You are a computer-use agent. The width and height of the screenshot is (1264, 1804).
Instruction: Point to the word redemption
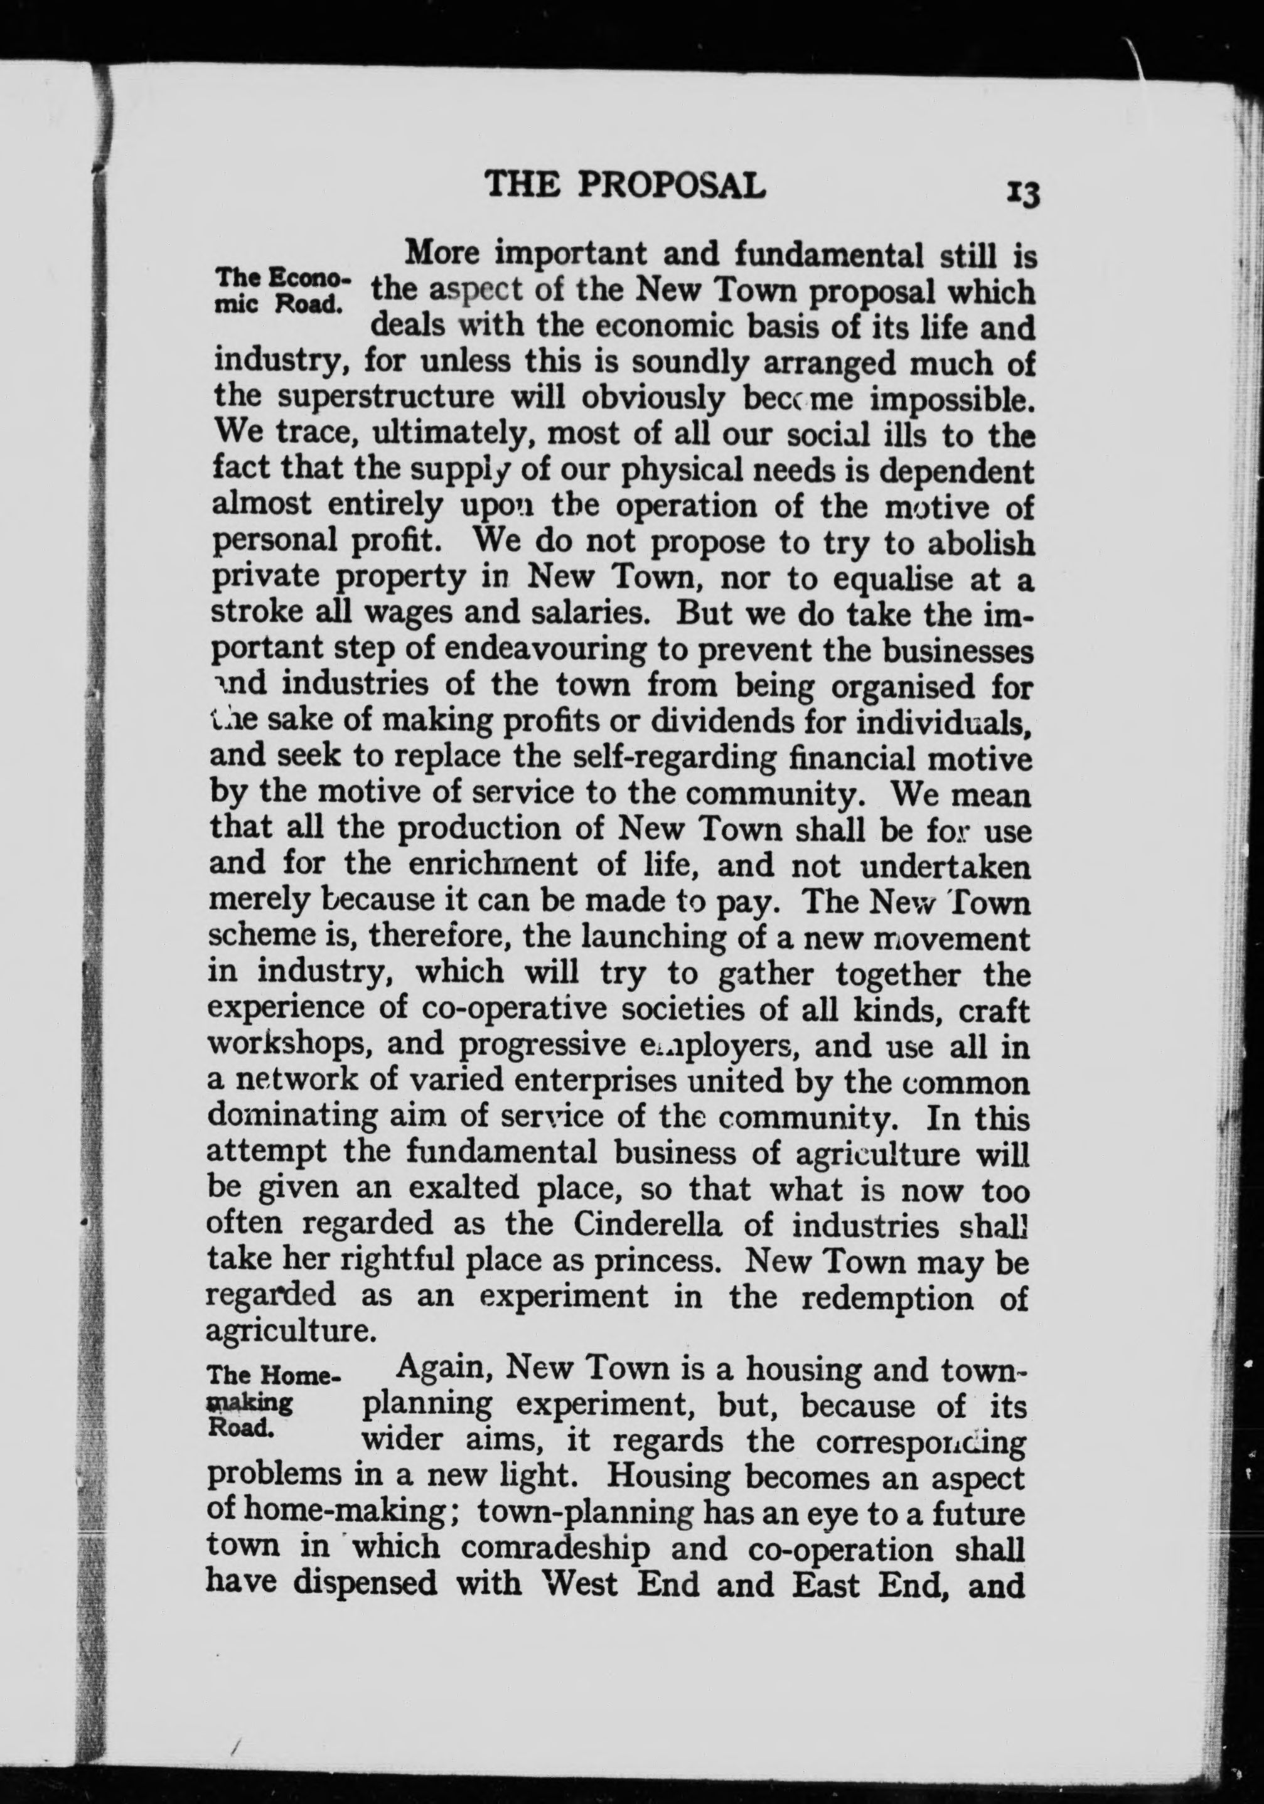887,1296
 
